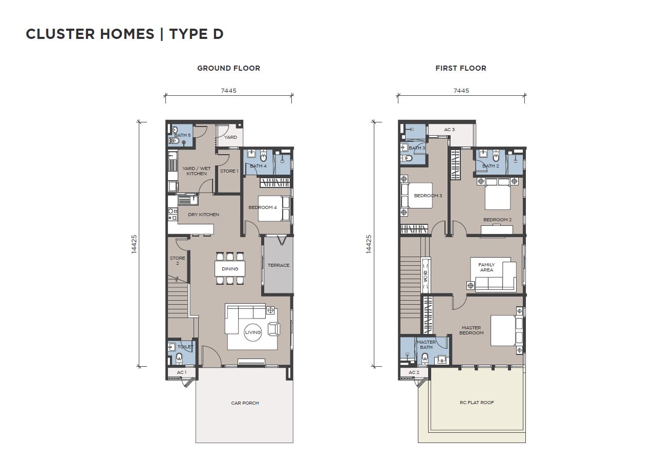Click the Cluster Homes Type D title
click(x=124, y=34)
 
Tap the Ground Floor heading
click(x=228, y=68)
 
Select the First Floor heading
click(x=461, y=68)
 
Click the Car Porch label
click(x=245, y=403)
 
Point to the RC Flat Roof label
click(x=477, y=403)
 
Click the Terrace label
click(x=279, y=265)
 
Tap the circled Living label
click(x=253, y=332)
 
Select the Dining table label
click(x=230, y=269)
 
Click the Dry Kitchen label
click(x=204, y=215)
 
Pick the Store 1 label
click(x=229, y=171)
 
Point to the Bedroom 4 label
click(x=263, y=207)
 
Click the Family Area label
click(x=486, y=267)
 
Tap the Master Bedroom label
click(x=472, y=330)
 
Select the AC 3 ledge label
click(x=450, y=130)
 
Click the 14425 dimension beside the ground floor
click(x=134, y=244)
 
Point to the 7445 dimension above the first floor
click(x=461, y=91)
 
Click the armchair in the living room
click(x=274, y=329)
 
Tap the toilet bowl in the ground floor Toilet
click(x=179, y=358)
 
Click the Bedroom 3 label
click(x=428, y=196)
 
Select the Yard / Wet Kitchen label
click(x=197, y=171)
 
